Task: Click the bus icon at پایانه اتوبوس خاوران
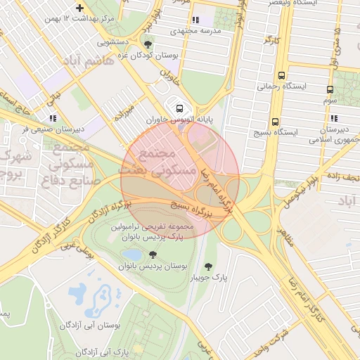(179, 108)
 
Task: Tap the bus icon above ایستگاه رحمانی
(282, 75)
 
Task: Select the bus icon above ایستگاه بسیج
(275, 120)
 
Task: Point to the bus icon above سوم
(330, 90)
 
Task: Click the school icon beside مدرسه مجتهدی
(195, 20)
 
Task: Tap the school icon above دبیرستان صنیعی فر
(53, 118)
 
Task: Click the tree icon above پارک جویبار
(208, 266)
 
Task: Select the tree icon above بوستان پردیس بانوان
(153, 255)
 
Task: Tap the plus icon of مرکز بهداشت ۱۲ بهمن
(79, 7)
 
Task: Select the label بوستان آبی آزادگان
(90, 326)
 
